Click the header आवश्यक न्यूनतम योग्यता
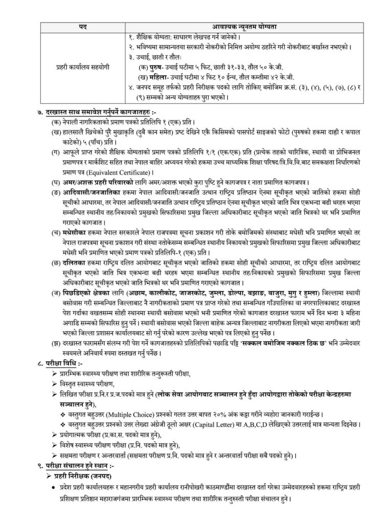(x=240, y=26)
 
